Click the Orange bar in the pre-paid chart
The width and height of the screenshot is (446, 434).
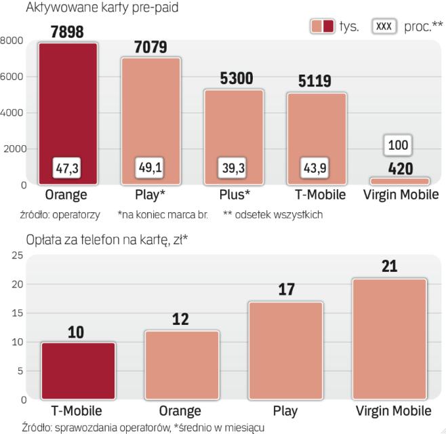pos(68,108)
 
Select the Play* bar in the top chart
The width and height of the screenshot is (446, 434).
pos(151,115)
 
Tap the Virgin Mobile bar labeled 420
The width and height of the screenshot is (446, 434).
pos(399,181)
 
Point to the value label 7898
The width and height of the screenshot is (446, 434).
pos(68,32)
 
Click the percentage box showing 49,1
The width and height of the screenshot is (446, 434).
pos(151,167)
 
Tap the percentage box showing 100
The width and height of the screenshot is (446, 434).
pos(399,145)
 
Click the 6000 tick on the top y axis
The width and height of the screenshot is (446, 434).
pos(14,77)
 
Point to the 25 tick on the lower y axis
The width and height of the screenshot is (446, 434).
pos(16,255)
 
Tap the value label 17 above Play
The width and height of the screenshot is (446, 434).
pos(285,290)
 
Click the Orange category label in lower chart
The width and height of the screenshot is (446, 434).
pos(180,411)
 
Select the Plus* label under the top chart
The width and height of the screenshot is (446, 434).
pos(235,195)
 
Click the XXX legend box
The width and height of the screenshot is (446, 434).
pos(384,26)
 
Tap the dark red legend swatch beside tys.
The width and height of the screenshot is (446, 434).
pos(329,26)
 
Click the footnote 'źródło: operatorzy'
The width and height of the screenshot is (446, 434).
pos(60,214)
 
